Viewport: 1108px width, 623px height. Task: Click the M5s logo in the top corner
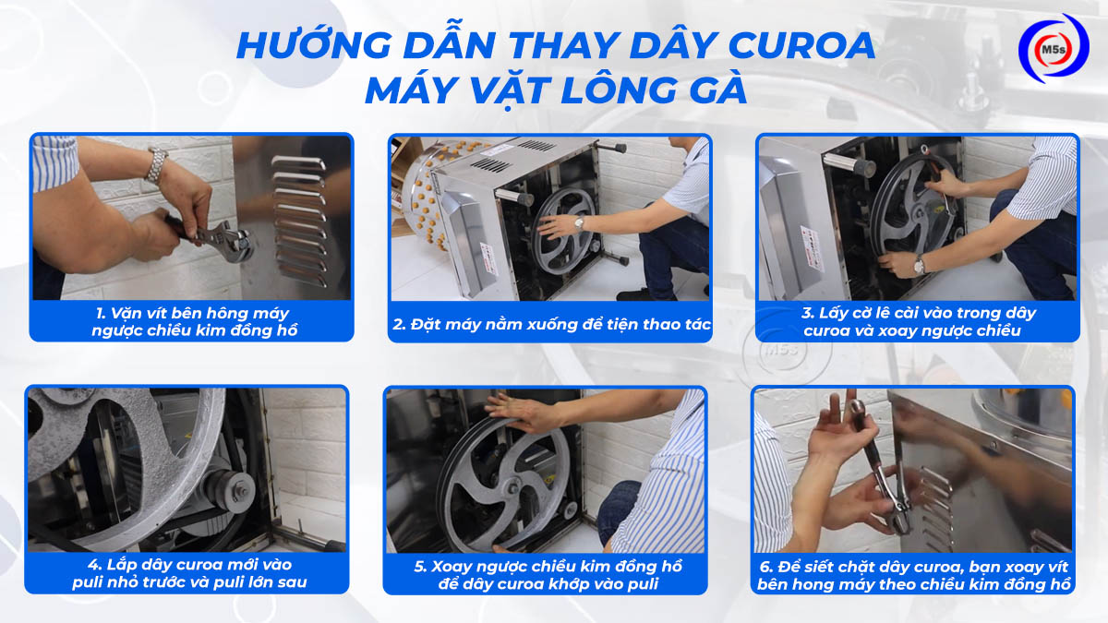click(1053, 48)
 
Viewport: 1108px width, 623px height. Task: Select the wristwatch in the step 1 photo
click(158, 166)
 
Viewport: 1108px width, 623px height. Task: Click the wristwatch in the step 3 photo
click(919, 266)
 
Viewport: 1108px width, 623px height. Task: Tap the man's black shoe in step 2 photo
click(635, 294)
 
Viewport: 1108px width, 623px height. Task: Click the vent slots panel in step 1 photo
click(298, 217)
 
